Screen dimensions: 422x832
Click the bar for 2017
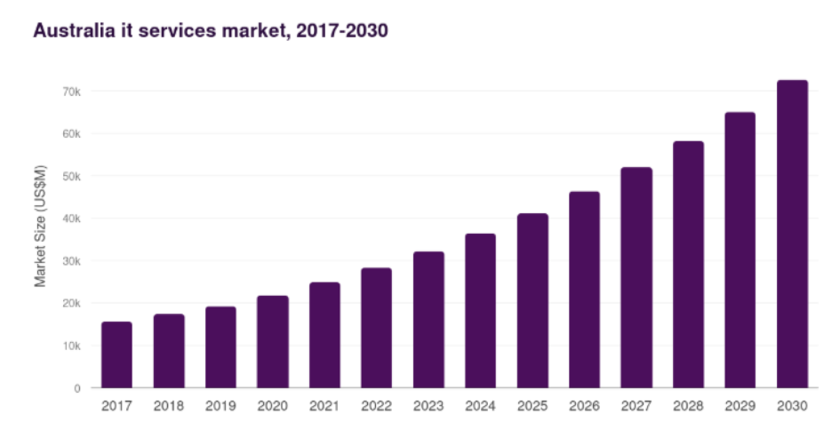click(116, 354)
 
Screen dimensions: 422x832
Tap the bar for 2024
click(480, 310)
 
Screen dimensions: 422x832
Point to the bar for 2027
click(636, 277)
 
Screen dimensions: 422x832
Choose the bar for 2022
click(376, 327)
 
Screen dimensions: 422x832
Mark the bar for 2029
click(740, 250)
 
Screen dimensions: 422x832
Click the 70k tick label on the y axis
click(71, 92)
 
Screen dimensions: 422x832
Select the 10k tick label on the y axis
click(71, 346)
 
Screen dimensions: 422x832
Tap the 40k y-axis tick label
click(71, 219)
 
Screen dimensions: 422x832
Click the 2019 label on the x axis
click(220, 406)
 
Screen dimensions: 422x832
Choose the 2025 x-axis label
click(532, 406)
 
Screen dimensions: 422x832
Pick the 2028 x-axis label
click(688, 406)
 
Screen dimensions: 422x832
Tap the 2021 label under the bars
click(324, 406)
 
